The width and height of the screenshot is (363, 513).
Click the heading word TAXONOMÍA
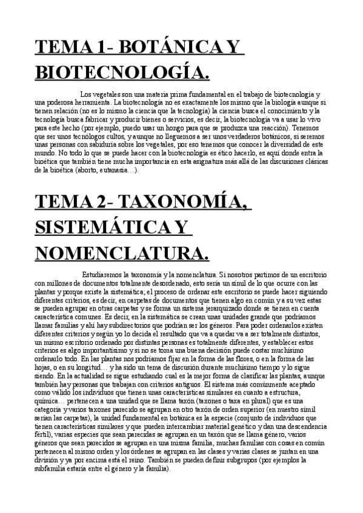187,202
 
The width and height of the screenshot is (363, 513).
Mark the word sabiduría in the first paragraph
107,146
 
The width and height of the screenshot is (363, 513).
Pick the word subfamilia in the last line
56,468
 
